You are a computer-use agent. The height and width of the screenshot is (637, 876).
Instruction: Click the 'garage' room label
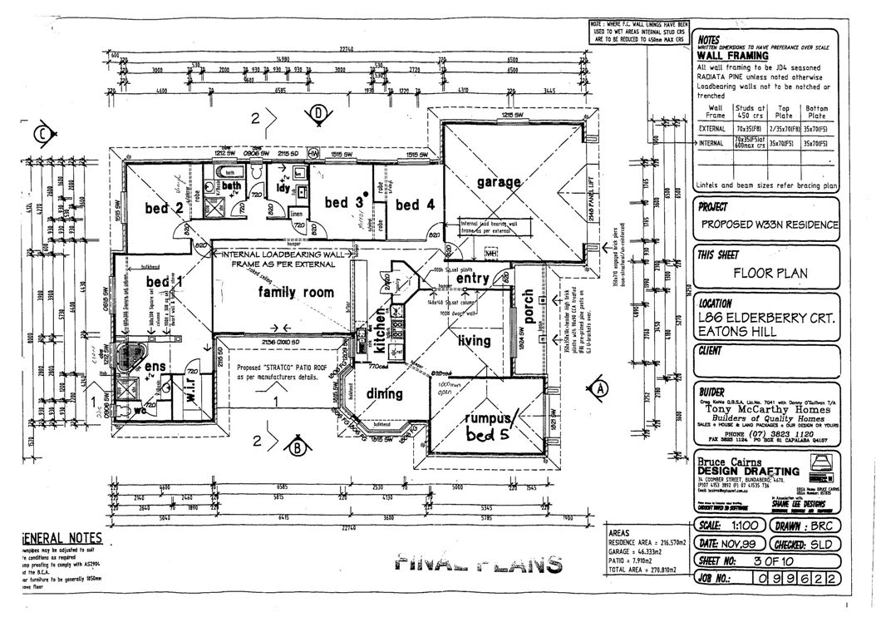click(500, 181)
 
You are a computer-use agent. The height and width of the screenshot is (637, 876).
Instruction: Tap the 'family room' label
click(296, 293)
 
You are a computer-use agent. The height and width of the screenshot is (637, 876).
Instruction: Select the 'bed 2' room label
click(164, 208)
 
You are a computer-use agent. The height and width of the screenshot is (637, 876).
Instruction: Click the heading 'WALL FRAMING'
click(733, 57)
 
